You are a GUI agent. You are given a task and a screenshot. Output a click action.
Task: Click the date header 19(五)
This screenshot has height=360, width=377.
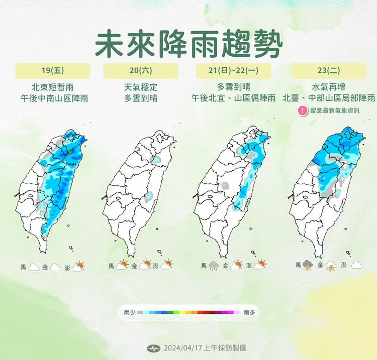(x=52, y=71)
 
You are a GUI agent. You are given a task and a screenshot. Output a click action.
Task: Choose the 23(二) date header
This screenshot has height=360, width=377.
(x=328, y=71)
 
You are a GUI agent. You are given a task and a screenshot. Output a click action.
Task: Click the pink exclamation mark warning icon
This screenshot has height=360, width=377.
(x=303, y=110)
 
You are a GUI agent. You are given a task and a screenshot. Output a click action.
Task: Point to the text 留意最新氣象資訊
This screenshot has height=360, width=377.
(x=335, y=111)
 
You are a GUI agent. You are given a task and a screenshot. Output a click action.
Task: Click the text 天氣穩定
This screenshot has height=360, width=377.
(x=140, y=86)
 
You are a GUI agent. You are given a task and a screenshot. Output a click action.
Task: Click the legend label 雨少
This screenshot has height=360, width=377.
(x=129, y=312)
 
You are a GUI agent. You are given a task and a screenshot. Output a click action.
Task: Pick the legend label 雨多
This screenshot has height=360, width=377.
(x=249, y=312)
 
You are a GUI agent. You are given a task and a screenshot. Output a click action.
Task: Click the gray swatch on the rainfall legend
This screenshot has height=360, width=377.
(x=140, y=312)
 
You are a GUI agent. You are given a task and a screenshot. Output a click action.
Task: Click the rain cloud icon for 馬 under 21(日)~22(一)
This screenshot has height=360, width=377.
(x=214, y=266)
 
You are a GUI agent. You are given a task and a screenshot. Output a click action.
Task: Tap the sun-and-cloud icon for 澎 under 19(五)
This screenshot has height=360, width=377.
(x=78, y=267)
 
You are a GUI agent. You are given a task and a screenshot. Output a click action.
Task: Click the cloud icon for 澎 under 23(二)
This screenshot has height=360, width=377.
(x=357, y=265)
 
